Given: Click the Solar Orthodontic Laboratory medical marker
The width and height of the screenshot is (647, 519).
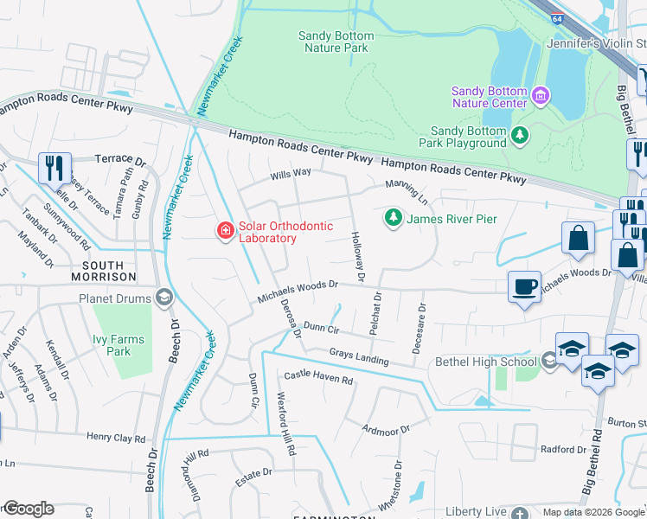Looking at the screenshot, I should tap(225, 230).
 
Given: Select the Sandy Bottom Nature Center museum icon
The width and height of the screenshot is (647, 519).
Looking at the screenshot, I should tap(541, 94).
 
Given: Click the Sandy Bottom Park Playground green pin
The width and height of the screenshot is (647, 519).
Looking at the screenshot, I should tap(519, 134).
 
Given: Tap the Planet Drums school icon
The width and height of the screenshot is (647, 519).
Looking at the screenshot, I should tap(163, 298).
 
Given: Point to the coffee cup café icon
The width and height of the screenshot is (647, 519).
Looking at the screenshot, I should tap(523, 287).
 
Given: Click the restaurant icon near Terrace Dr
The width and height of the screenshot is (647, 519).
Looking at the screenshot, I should tap(54, 167).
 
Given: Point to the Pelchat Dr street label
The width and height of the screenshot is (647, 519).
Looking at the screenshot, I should tap(377, 315).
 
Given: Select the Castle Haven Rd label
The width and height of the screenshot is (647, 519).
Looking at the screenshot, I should tap(319, 380).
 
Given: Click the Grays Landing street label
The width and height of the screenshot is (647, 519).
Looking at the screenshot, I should tap(358, 356).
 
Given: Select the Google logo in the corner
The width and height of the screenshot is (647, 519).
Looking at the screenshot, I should tap(28, 509).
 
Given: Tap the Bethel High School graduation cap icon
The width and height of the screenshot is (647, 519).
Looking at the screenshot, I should tap(548, 360).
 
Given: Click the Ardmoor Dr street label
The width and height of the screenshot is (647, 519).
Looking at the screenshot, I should tap(385, 429).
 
